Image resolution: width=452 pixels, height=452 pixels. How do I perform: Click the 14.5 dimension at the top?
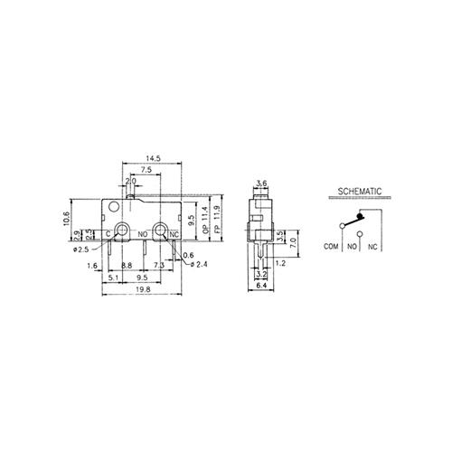click(x=152, y=159)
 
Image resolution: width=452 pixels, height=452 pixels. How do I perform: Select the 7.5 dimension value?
click(x=146, y=170)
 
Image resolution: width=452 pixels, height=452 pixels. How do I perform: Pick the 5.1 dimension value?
click(x=111, y=278)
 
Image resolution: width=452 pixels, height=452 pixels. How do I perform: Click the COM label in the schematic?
click(x=330, y=245)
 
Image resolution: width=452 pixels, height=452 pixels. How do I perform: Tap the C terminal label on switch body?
click(x=108, y=234)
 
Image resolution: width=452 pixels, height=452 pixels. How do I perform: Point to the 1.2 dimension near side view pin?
click(x=282, y=262)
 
